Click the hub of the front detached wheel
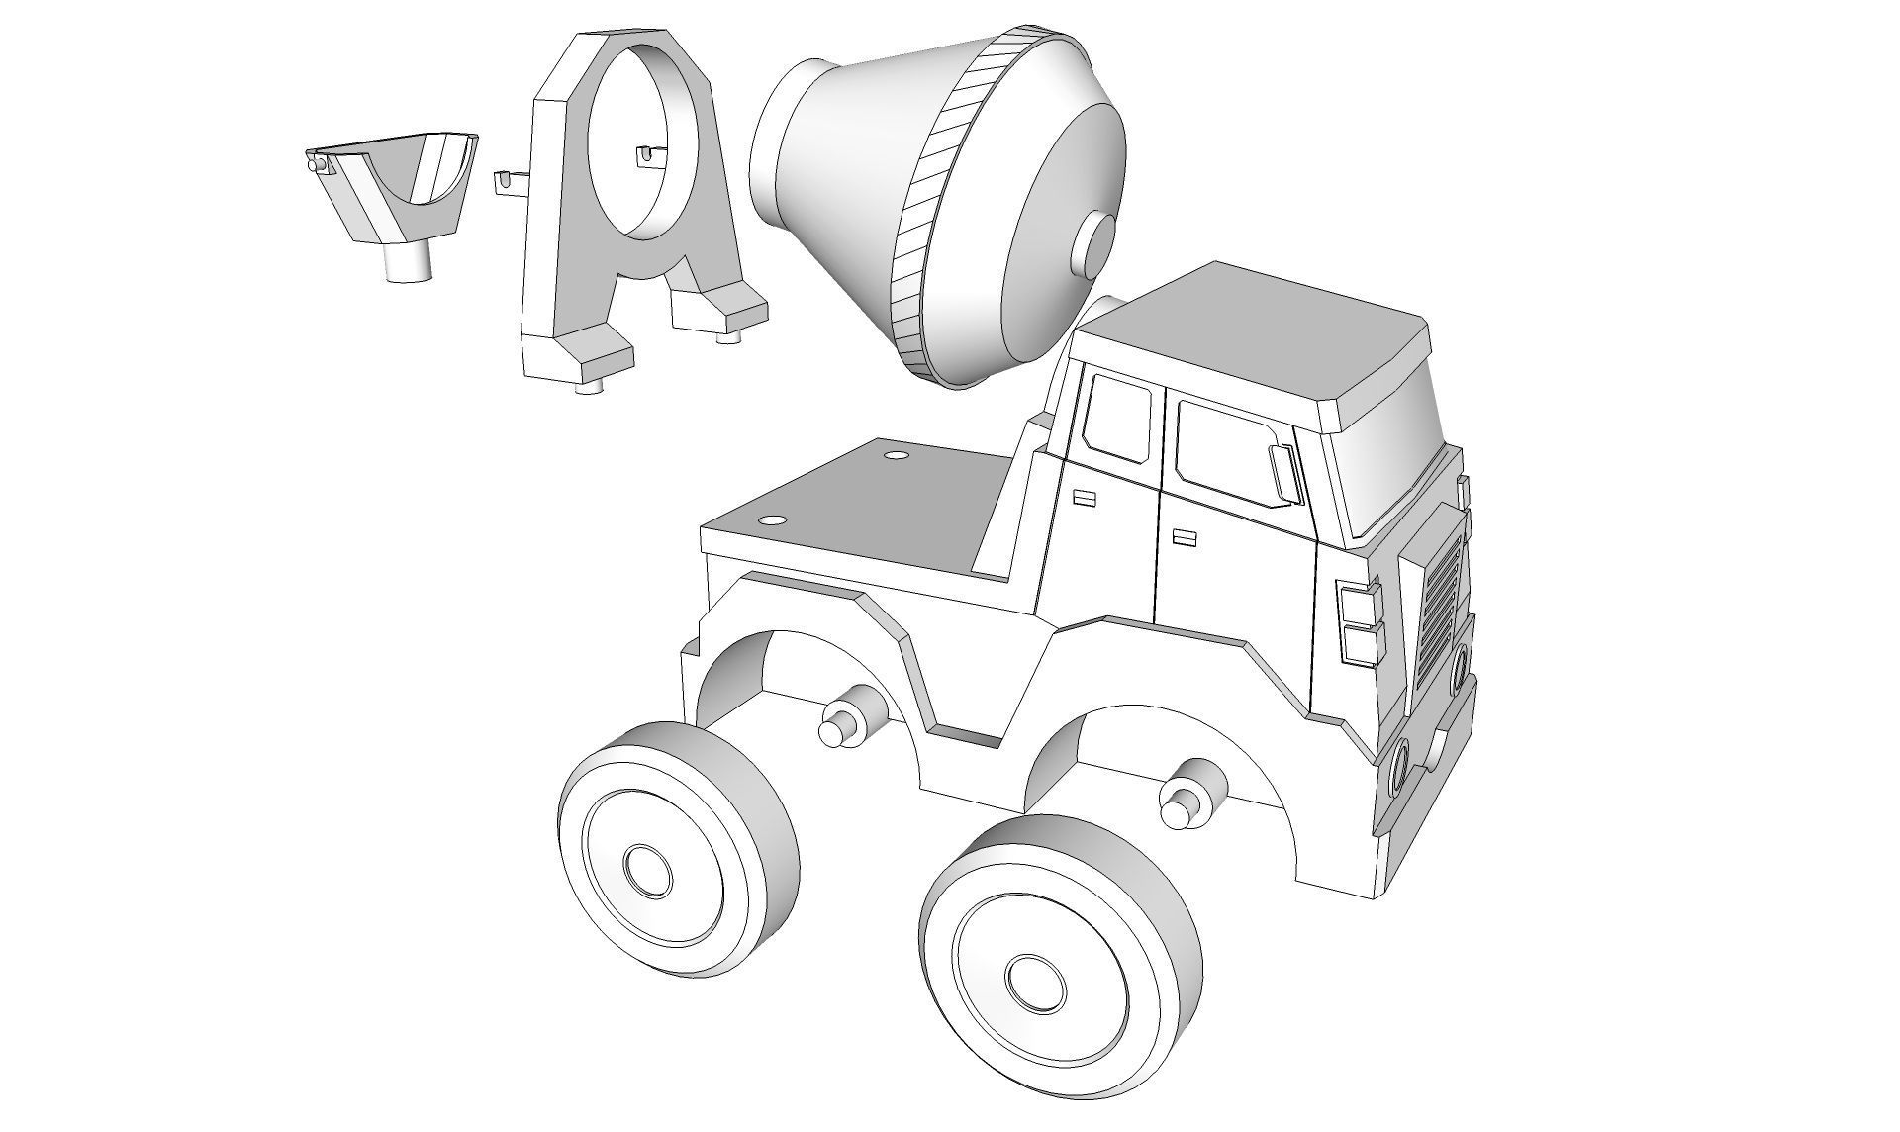point(1036,981)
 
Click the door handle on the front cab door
point(1184,537)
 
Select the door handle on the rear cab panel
point(1086,498)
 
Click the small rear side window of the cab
point(1118,419)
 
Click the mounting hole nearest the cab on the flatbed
point(897,455)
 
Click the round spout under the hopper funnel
point(407,264)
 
